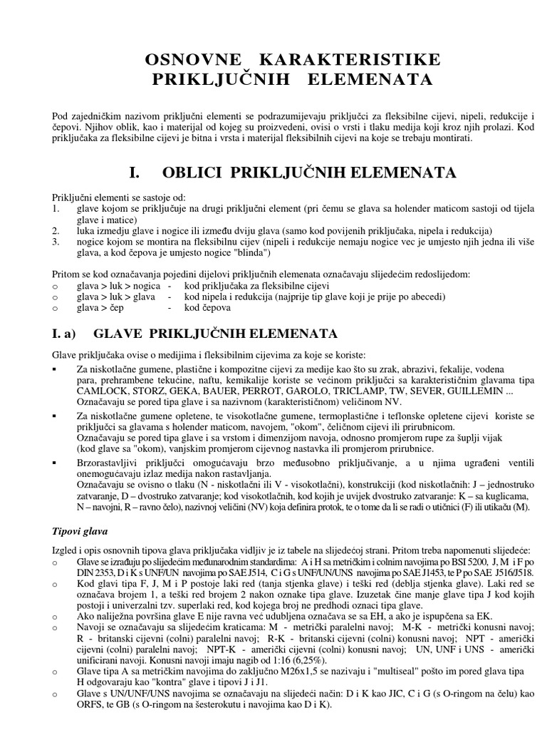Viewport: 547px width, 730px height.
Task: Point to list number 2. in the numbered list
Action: click(56, 232)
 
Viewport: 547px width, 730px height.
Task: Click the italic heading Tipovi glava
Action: click(79, 532)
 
